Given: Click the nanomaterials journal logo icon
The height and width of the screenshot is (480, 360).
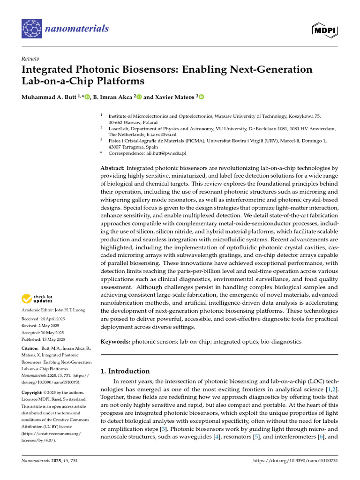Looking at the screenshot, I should click(x=32, y=29).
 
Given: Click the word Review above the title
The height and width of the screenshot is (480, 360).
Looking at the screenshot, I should click(x=30, y=59).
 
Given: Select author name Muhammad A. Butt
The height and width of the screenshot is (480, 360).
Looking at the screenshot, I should click(x=50, y=97).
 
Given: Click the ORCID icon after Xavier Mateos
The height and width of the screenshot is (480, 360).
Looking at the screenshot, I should click(x=202, y=97).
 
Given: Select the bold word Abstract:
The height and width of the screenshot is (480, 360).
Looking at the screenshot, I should click(x=112, y=168).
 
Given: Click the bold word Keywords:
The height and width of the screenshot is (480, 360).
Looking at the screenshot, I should click(x=115, y=342).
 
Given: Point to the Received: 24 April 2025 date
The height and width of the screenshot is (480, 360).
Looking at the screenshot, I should click(x=44, y=320).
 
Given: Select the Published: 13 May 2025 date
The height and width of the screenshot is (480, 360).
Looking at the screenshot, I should click(x=44, y=339).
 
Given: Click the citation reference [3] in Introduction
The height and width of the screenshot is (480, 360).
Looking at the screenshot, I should click(x=163, y=429).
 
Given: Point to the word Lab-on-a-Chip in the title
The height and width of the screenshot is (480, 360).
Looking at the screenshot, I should click(x=57, y=81).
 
